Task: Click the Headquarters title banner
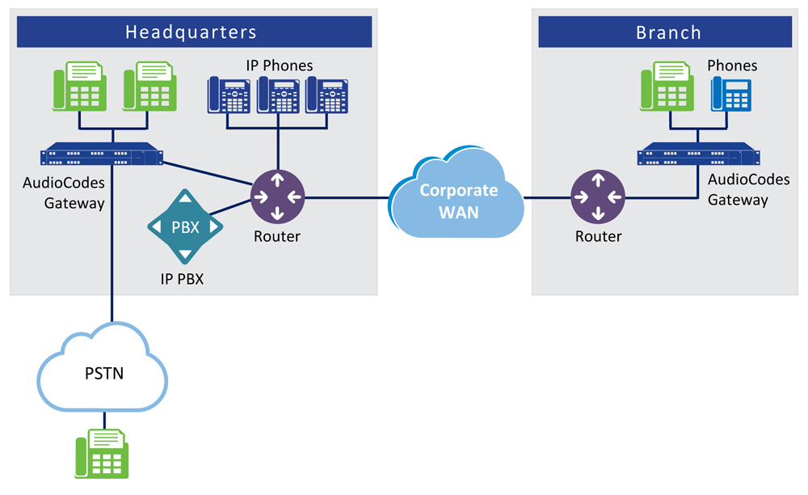point(191,32)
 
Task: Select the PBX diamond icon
point(185,226)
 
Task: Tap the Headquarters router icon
point(277,196)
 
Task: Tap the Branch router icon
point(597,196)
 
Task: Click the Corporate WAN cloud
point(457,198)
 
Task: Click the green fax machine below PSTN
point(103,455)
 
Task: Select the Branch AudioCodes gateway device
point(698,154)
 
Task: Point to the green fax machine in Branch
point(667,87)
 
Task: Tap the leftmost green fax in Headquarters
point(80,87)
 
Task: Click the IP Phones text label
point(279,65)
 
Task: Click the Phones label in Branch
point(732,65)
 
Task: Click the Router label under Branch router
point(598,236)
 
